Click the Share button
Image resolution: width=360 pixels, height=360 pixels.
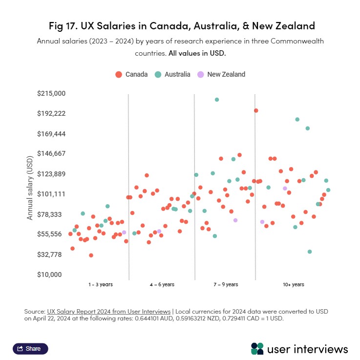(x=30, y=349)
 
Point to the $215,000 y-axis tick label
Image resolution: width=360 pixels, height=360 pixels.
(x=51, y=93)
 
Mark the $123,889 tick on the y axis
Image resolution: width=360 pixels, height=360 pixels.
(x=51, y=174)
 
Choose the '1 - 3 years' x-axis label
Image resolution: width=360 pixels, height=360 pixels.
(x=101, y=284)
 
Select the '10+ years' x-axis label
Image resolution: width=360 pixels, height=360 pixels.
(x=293, y=284)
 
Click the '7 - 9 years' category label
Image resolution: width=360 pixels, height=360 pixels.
(x=226, y=284)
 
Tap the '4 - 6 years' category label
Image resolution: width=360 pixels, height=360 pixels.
(x=162, y=284)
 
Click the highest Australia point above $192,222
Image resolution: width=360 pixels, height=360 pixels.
(x=217, y=100)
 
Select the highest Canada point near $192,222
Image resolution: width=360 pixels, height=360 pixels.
(x=256, y=111)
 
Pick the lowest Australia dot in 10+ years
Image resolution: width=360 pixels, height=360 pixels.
(x=310, y=252)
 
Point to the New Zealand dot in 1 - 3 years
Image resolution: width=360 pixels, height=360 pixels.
(x=124, y=233)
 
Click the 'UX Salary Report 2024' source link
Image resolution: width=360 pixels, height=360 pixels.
(x=108, y=311)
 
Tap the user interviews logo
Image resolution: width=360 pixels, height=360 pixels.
(x=299, y=349)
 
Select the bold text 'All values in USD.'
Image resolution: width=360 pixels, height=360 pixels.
(x=197, y=53)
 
